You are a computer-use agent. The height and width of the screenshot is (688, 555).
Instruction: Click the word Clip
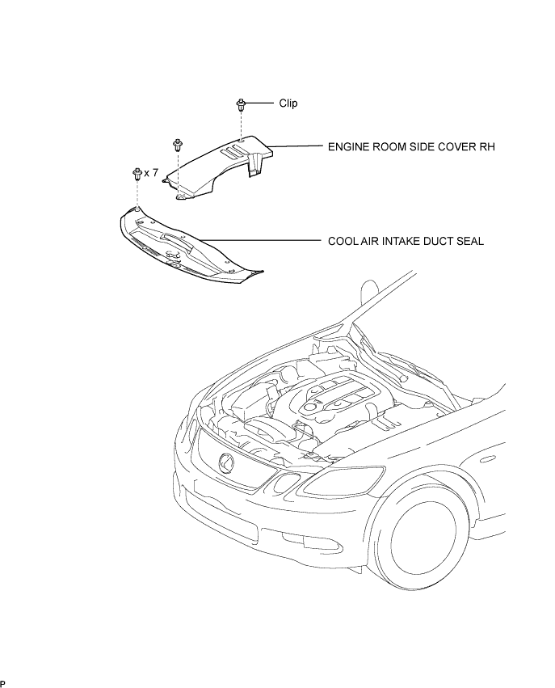tap(288, 103)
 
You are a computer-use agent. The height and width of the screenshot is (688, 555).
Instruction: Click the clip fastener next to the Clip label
tap(240, 105)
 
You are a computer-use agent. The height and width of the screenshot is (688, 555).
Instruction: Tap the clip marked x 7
tap(137, 173)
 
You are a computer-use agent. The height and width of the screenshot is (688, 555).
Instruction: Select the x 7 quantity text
tap(151, 173)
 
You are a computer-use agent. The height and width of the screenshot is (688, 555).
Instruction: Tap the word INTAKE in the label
tap(403, 242)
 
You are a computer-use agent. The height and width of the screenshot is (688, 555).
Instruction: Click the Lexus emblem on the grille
tap(226, 463)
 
